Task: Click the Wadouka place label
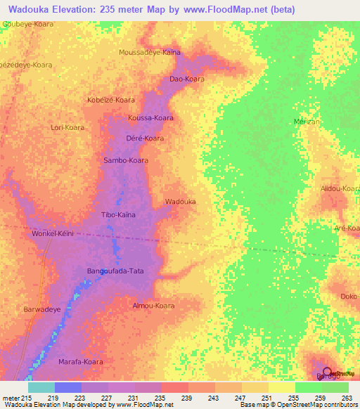[x=180, y=202]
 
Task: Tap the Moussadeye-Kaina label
[x=150, y=52]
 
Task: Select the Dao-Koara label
[x=187, y=79]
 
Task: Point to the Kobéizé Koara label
[x=111, y=100]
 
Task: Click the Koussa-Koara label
[x=150, y=117]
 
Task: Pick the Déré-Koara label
[x=145, y=138]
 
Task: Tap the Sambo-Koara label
[x=126, y=160]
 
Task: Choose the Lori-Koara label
[x=67, y=128]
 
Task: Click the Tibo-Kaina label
[x=119, y=214]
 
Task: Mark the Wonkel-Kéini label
[x=53, y=233]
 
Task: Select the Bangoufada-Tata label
[x=115, y=271]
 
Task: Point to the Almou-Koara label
[x=153, y=306]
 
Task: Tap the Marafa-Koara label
[x=81, y=361]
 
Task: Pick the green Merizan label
[x=307, y=122]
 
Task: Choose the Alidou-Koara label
[x=340, y=189]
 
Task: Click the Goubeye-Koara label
[x=28, y=23]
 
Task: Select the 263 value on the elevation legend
[x=346, y=398]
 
